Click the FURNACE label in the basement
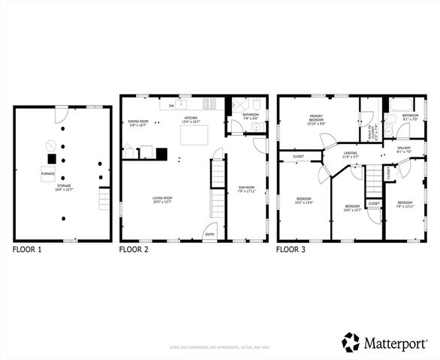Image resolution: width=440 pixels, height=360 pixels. [x=47, y=173]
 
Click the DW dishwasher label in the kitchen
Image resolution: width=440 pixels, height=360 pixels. [x=171, y=106]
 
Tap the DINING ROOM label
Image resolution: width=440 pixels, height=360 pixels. [x=138, y=122]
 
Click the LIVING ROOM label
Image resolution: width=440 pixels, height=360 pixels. [x=164, y=199]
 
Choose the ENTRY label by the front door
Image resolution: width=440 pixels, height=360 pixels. [x=209, y=234]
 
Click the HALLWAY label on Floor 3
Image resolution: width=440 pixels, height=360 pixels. [x=405, y=148]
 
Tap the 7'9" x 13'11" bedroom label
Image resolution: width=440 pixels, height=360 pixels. [x=405, y=204]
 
